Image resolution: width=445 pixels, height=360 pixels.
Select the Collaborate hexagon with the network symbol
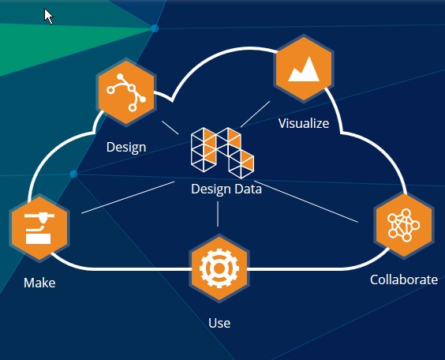pos(404,225)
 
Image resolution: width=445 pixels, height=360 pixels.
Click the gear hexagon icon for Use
pos(219,268)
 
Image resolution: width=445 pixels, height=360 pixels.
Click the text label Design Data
pos(226,189)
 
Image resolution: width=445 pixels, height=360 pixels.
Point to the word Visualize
pos(304,123)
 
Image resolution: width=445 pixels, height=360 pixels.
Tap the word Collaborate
pos(403,279)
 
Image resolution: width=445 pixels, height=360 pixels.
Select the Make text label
pos(39,283)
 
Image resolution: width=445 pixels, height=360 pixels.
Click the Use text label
pos(219,323)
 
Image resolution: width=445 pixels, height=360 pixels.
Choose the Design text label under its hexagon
pos(126,147)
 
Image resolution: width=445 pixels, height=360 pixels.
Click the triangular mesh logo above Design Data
pos(222,150)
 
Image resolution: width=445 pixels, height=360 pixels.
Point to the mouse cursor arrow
pos(49,16)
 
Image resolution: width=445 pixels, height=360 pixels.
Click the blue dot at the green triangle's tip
pos(155,28)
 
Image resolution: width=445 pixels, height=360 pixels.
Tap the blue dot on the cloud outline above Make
pos(73,174)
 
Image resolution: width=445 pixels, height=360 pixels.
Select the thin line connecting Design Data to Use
pos(218,215)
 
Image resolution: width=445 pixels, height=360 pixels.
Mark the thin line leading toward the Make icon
pos(126,197)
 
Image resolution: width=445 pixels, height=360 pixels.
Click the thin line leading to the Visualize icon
pos(256,114)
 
